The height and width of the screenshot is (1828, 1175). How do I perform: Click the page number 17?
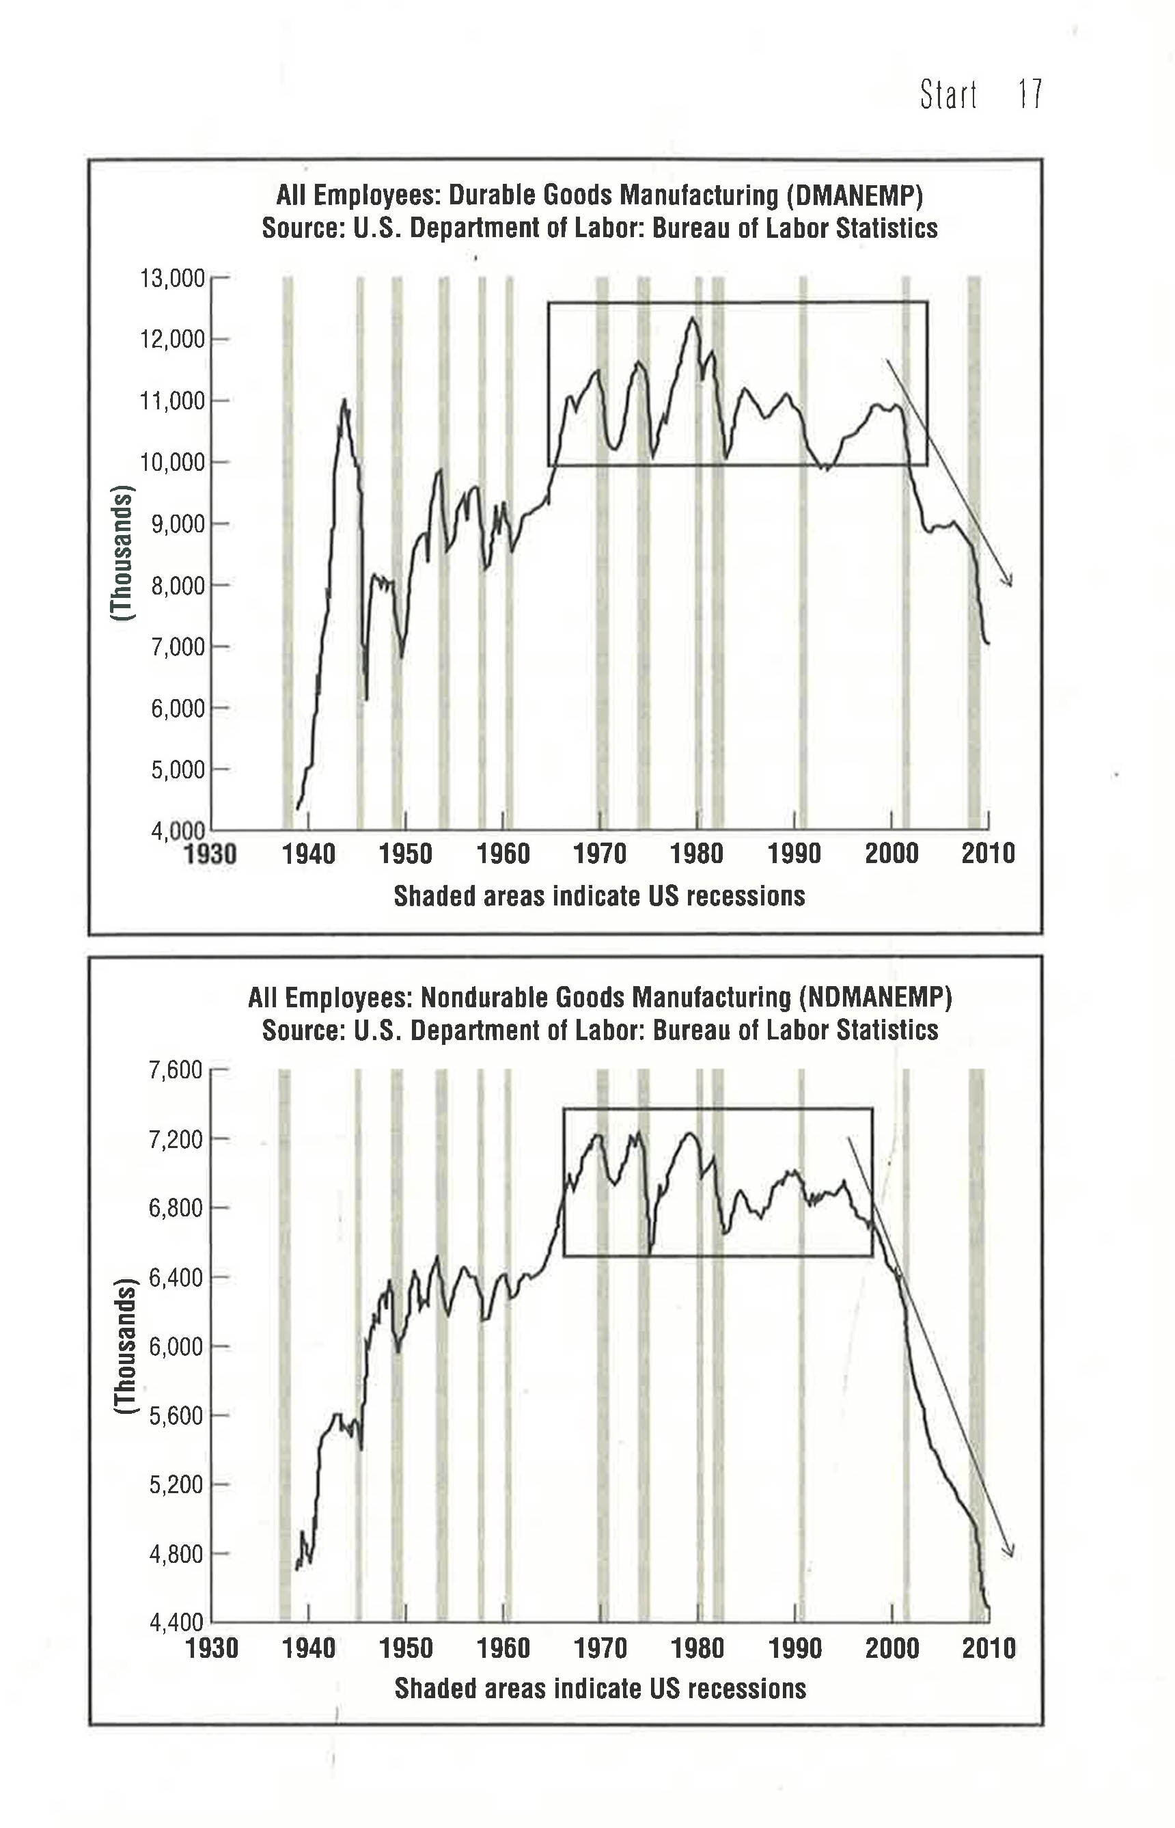coord(1029,94)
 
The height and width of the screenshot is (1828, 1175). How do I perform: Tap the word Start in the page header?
coord(948,94)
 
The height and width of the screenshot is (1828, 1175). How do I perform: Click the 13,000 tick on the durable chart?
coord(171,279)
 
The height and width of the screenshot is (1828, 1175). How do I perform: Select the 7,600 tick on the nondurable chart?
coord(176,1070)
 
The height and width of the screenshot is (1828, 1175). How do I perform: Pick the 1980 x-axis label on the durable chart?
coord(697,854)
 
